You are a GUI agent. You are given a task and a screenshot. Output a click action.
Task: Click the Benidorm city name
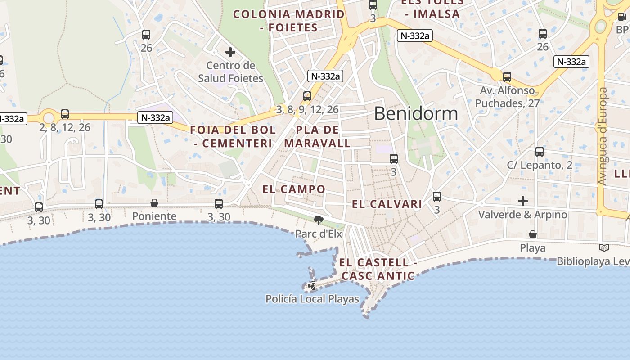pyautogui.click(x=416, y=114)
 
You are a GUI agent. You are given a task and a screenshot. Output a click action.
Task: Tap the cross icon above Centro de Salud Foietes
pyautogui.click(x=230, y=52)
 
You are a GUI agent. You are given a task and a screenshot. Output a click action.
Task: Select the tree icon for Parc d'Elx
pyautogui.click(x=319, y=220)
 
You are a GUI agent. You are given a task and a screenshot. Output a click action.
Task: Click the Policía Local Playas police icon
pyautogui.click(x=312, y=285)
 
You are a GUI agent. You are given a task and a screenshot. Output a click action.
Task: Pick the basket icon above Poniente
pyautogui.click(x=154, y=203)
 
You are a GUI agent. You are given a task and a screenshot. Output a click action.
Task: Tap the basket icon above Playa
pyautogui.click(x=533, y=234)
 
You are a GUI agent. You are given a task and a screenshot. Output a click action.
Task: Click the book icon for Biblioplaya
pyautogui.click(x=604, y=247)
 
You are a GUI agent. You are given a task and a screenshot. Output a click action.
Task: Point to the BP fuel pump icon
pyautogui.click(x=622, y=17)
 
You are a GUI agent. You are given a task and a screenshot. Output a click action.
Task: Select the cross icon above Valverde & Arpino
pyautogui.click(x=522, y=201)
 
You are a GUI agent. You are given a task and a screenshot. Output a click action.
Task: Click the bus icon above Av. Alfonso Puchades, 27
pyautogui.click(x=507, y=77)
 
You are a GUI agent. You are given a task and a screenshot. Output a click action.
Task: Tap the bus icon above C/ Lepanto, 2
pyautogui.click(x=540, y=152)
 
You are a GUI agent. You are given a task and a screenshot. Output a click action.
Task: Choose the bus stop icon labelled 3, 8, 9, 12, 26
pyautogui.click(x=307, y=96)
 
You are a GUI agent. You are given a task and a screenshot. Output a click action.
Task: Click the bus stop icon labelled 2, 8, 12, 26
pyautogui.click(x=65, y=114)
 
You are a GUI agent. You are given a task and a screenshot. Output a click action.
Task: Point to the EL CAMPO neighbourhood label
pyautogui.click(x=294, y=189)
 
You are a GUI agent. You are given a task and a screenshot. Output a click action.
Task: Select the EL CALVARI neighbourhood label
pyautogui.click(x=387, y=204)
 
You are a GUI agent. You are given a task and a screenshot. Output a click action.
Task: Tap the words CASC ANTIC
pyautogui.click(x=378, y=276)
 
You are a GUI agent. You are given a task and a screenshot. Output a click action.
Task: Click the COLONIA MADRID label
pyautogui.click(x=289, y=14)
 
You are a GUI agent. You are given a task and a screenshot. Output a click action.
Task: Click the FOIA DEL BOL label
pyautogui.click(x=233, y=130)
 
